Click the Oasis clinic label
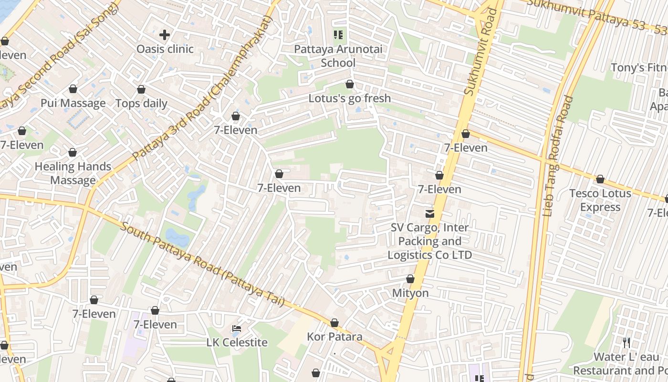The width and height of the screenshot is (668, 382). coord(165,49)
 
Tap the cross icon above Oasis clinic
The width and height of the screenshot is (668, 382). coord(165,35)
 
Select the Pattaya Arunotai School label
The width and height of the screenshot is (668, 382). coord(338,56)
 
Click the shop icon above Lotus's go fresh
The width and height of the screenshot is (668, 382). coord(350,85)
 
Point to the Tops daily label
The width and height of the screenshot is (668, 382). coord(141,104)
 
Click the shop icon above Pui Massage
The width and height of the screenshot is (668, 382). coord(73,89)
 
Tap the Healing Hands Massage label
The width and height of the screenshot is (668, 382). coord(73,173)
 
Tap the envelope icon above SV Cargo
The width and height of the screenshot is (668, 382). coord(430,213)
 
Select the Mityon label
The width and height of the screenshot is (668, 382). coord(410,293)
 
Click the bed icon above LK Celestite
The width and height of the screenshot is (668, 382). coord(237,329)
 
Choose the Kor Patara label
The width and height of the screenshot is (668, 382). coord(334,337)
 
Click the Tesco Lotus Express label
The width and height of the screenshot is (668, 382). coord(600,200)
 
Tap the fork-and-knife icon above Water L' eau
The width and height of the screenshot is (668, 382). coord(626,342)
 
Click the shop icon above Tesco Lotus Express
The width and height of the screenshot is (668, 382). coord(600,180)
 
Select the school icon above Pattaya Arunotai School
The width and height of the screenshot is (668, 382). coord(338,34)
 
